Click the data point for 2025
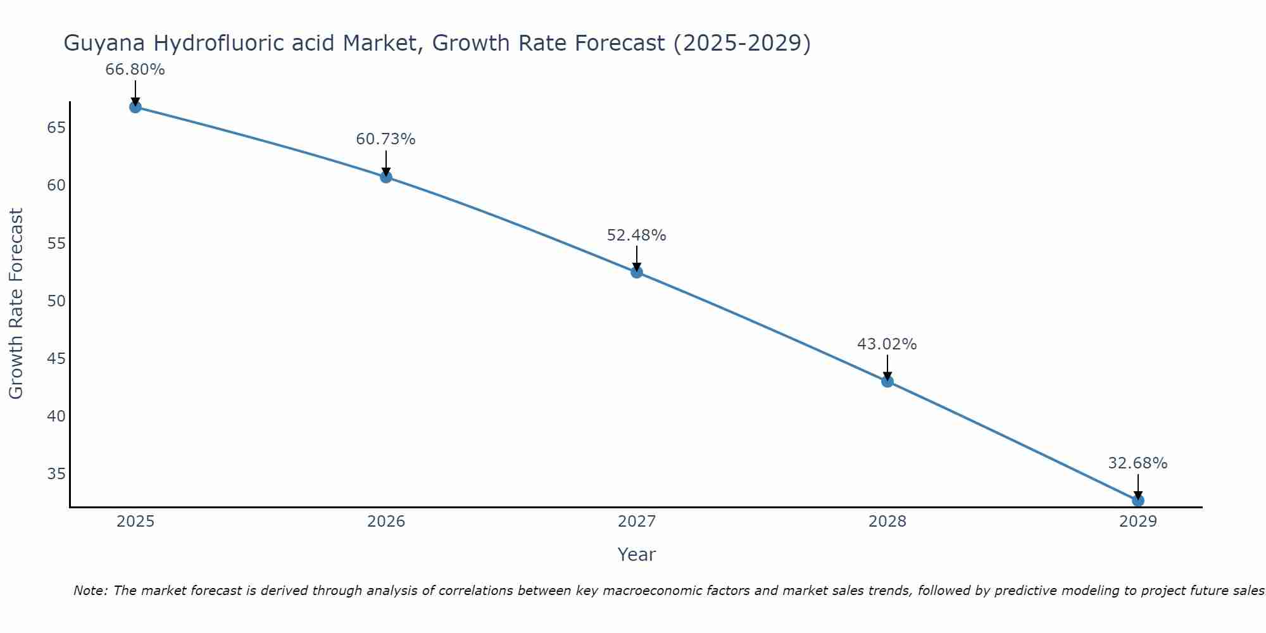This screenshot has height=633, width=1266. pyautogui.click(x=135, y=107)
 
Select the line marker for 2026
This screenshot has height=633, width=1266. pyautogui.click(x=385, y=177)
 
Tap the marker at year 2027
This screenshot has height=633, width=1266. pyautogui.click(x=636, y=272)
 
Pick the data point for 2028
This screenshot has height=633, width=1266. pyautogui.click(x=887, y=381)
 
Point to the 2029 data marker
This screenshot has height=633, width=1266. pyautogui.click(x=1138, y=500)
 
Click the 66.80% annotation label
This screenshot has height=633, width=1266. pyautogui.click(x=135, y=70)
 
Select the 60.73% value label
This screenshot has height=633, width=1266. pyautogui.click(x=385, y=139)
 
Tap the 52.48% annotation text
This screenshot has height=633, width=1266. pyautogui.click(x=636, y=235)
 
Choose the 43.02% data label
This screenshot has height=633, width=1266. pyautogui.click(x=887, y=344)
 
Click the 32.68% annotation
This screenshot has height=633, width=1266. pyautogui.click(x=1138, y=463)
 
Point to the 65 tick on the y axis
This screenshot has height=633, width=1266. pyautogui.click(x=56, y=128)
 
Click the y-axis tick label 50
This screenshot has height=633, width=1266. pyautogui.click(x=56, y=301)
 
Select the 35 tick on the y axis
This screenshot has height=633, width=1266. pyautogui.click(x=56, y=474)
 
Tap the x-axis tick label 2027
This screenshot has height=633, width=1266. pyautogui.click(x=636, y=522)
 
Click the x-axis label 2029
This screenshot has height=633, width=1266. pyautogui.click(x=1138, y=522)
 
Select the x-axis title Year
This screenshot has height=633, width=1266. pyautogui.click(x=636, y=555)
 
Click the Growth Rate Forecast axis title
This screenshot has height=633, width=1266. pyautogui.click(x=16, y=303)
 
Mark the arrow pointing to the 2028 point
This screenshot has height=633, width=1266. pyautogui.click(x=887, y=367)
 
